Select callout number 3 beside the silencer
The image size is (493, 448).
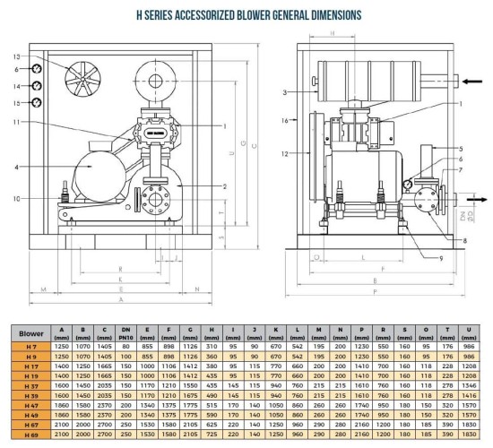pos(284,91)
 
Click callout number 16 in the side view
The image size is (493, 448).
pos(284,119)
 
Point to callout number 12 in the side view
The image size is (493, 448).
pos(284,153)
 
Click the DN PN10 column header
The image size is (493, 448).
pos(125,331)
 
